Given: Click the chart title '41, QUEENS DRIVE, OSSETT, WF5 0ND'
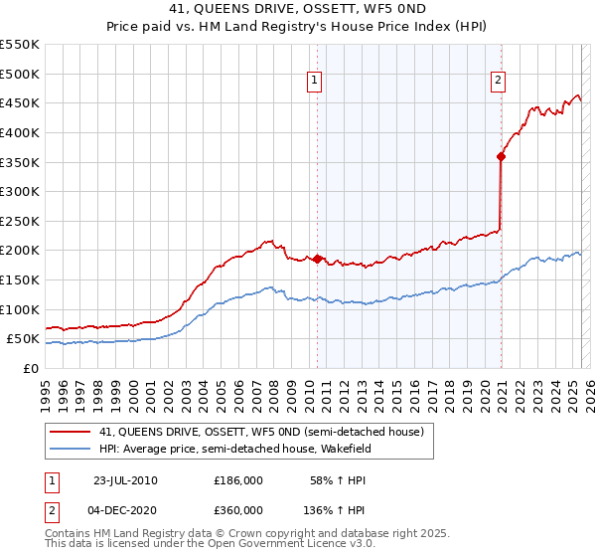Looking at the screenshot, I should click(297, 9).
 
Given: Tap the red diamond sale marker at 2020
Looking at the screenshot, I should click(501, 156).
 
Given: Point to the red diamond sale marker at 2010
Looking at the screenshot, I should click(318, 259).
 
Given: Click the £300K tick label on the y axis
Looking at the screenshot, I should click(20, 191).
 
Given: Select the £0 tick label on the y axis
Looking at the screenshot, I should click(31, 368).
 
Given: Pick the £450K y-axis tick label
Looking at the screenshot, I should click(20, 102).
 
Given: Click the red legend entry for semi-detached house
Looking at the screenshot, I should click(261, 432).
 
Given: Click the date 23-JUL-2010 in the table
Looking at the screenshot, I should click(125, 480).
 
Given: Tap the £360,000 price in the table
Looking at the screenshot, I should click(238, 509).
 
